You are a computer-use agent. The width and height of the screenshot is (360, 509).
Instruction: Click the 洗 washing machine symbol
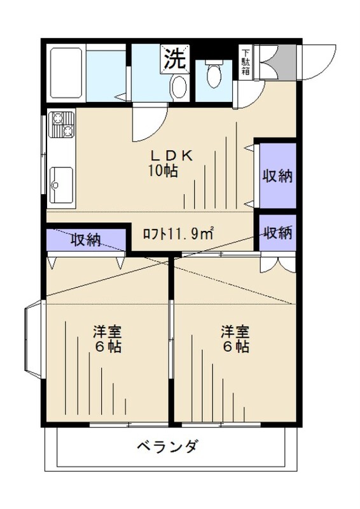(x=175, y=59)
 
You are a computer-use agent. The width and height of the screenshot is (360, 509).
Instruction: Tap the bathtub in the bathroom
(x=66, y=73)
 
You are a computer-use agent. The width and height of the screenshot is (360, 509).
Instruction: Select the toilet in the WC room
(x=214, y=74)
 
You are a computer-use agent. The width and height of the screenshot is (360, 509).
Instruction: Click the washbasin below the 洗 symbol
(x=179, y=87)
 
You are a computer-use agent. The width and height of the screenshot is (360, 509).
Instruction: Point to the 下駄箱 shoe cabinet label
(x=246, y=62)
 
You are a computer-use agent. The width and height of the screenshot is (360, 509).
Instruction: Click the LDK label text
(x=172, y=156)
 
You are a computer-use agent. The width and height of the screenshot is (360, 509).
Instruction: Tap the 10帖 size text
(x=163, y=171)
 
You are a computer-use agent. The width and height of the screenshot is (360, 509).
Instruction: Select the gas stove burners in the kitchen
(x=61, y=124)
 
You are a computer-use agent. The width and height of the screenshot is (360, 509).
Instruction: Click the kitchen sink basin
(x=61, y=185)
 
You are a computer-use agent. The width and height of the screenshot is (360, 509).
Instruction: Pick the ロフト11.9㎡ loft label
(x=179, y=234)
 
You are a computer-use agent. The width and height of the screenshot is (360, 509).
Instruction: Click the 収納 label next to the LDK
(x=277, y=176)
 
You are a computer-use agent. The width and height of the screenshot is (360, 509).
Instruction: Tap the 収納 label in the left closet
(x=86, y=240)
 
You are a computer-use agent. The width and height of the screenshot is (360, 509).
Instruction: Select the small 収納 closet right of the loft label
(x=277, y=232)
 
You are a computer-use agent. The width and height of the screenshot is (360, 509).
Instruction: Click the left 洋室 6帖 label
(x=107, y=339)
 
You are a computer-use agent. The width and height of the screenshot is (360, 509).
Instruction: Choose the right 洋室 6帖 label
(x=235, y=339)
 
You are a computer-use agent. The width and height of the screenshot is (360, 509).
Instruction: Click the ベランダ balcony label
(x=167, y=447)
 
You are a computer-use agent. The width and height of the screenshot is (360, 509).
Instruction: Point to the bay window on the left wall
(x=34, y=339)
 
